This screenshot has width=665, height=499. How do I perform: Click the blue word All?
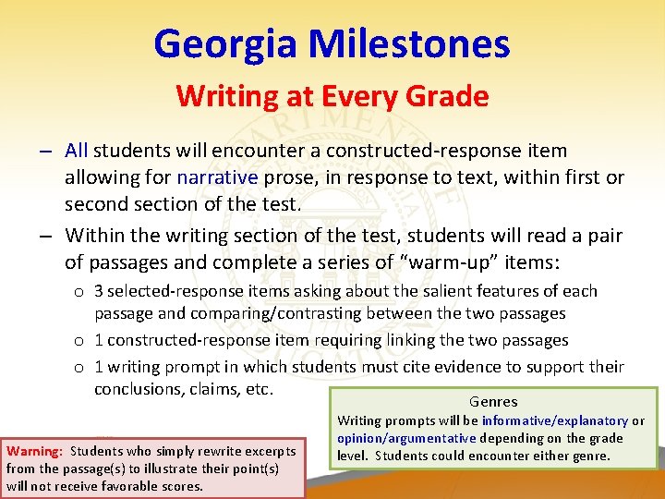(x=77, y=150)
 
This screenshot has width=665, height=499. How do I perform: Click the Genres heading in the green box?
(x=493, y=402)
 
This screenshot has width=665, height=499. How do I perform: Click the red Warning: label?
(x=34, y=452)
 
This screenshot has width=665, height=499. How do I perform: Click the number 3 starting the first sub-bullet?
(x=99, y=291)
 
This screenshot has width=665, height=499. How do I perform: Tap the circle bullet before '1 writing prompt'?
(x=81, y=367)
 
